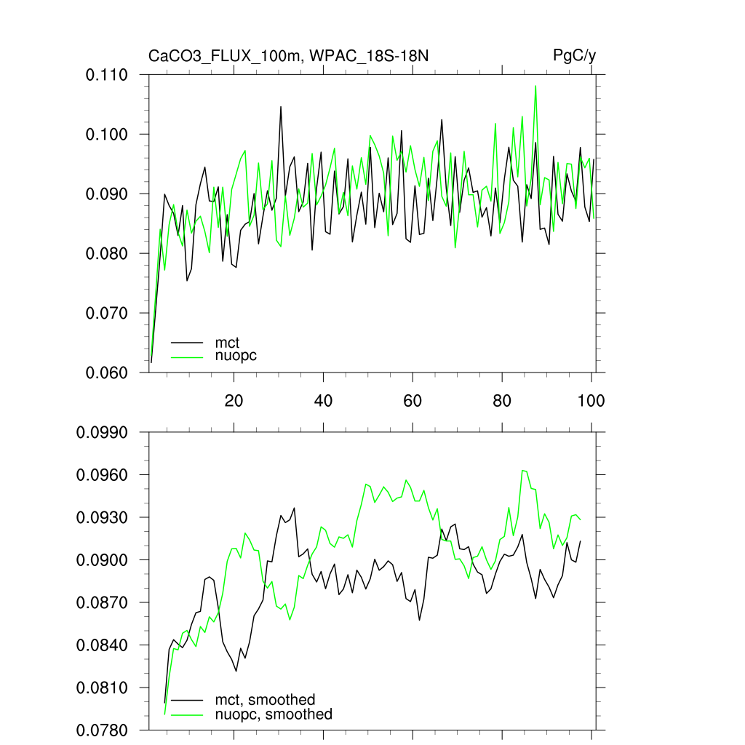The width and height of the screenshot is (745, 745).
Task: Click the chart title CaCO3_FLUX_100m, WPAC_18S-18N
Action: click(293, 56)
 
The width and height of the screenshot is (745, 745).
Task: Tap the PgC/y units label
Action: click(575, 56)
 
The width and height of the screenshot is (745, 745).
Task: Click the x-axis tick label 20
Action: click(234, 400)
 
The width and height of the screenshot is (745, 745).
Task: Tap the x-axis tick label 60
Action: click(413, 400)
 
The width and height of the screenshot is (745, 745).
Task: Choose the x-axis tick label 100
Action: click(591, 400)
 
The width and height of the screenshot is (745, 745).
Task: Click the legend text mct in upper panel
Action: click(227, 342)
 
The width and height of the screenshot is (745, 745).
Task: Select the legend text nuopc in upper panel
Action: click(236, 356)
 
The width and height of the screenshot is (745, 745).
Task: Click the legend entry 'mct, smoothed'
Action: click(265, 700)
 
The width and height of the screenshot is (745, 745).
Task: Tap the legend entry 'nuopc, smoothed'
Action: click(274, 714)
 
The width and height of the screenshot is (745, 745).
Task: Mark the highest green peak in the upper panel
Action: click(536, 86)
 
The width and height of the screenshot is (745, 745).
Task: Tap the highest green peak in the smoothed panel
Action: click(523, 470)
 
